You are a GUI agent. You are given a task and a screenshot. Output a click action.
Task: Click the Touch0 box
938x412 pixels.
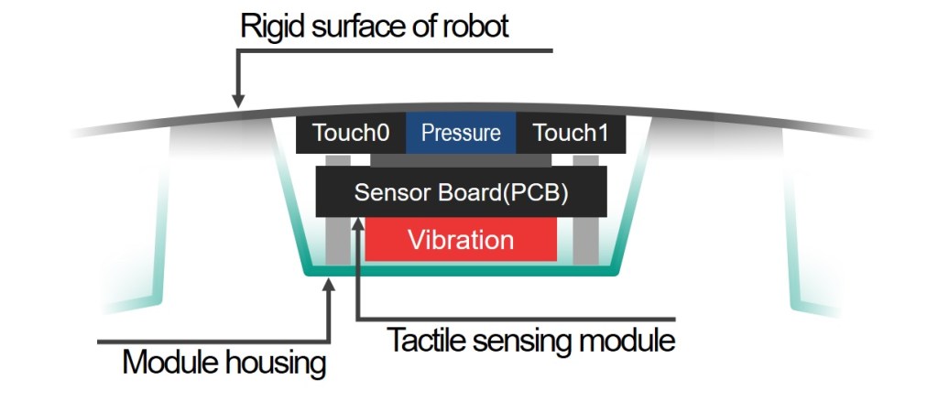351,134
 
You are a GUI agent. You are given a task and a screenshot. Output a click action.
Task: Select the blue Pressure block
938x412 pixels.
461,134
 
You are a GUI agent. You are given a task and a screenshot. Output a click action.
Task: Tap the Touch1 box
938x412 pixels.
570,134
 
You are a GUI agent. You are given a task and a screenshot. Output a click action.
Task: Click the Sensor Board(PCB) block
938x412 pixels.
461,193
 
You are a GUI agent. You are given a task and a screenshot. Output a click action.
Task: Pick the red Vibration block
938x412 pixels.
461,241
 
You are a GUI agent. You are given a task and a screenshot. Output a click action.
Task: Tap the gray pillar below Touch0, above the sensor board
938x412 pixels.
338,160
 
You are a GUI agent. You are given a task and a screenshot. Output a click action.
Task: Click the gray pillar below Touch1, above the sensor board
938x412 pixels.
584,160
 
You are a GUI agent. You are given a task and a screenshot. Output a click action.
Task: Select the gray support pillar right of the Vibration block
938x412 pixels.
584,240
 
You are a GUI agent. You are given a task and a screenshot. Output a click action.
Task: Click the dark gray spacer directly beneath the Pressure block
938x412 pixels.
461,160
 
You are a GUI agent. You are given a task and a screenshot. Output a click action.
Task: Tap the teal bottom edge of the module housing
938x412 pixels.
461,272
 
